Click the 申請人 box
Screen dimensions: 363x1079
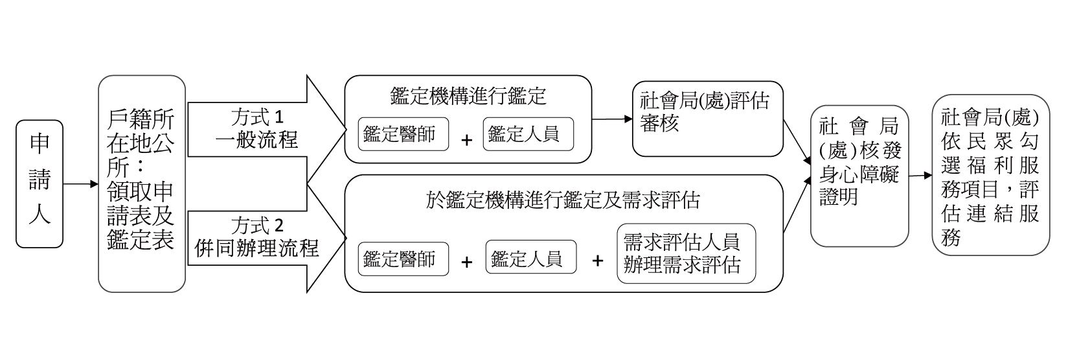coord(40,183)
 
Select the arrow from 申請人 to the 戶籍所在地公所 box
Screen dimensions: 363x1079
coord(80,184)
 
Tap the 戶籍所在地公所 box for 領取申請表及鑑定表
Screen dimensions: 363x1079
coord(141,183)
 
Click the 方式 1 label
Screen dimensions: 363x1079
coord(257,117)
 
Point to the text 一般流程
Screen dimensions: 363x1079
coord(257,139)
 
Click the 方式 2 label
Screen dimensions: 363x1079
coord(257,226)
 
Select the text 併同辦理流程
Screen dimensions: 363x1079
coord(257,248)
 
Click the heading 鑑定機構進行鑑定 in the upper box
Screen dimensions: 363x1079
coord(468,96)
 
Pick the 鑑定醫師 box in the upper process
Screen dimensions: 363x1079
coord(403,134)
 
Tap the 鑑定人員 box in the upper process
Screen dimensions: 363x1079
coord(528,134)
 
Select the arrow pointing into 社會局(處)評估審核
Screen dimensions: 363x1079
coord(612,119)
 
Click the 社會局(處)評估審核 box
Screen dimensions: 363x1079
coord(707,119)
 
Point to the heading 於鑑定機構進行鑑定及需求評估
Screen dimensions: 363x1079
coord(563,200)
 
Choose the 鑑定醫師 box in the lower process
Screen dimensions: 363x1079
coord(403,259)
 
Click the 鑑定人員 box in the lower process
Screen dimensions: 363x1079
coord(530,259)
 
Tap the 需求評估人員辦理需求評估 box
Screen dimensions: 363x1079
coord(686,253)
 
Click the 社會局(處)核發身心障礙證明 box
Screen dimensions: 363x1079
coord(859,176)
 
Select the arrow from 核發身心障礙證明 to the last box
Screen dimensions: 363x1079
coord(920,175)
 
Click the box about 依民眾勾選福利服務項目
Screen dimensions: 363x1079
coord(990,174)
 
